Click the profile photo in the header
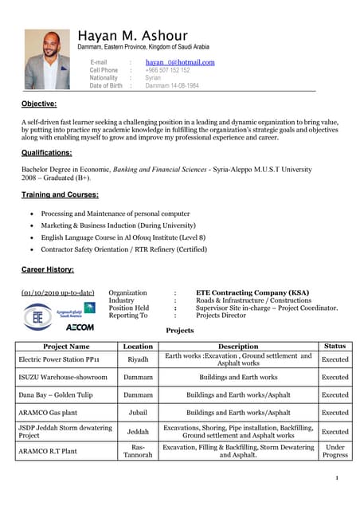pos(47,60)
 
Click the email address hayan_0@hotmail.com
pos(180,62)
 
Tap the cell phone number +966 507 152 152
pos(167,70)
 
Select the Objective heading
pos(39,104)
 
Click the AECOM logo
pos(80,327)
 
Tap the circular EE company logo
pos(37,316)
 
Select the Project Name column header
pos(66,347)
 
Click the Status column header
pos(335,347)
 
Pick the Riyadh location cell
pos(138,359)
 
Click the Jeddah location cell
pos(138,432)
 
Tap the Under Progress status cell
pos(335,451)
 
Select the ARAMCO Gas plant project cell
pos(49,413)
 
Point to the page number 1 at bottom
pos(338,478)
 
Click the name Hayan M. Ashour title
pos(134,36)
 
